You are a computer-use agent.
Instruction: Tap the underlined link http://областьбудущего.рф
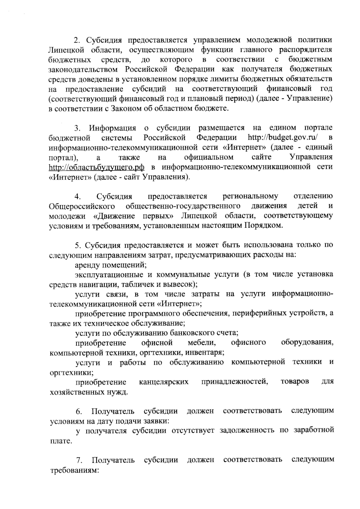pyautogui.click(x=97, y=167)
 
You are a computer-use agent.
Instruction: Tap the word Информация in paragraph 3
pyautogui.click(x=112, y=128)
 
